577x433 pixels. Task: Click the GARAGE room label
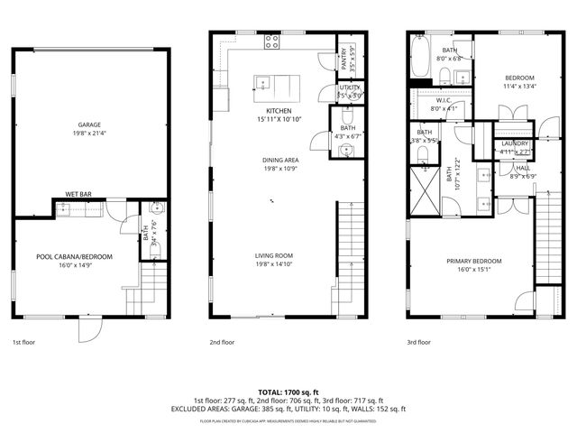88,125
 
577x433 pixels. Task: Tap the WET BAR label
80,195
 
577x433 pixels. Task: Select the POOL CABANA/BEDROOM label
75,257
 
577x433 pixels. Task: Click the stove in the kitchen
270,41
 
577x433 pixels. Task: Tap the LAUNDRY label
516,143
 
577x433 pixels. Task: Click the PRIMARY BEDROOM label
474,262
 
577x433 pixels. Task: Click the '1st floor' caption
24,343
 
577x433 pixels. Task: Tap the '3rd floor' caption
419,343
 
